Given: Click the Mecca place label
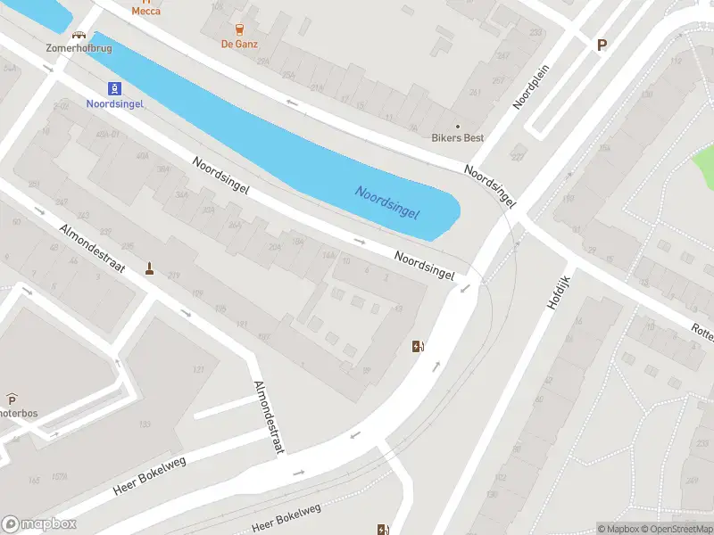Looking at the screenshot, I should tap(146, 12).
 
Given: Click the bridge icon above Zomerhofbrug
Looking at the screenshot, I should tap(79, 36).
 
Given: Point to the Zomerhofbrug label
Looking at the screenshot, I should tap(79, 47).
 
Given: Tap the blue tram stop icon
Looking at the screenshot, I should tap(113, 87).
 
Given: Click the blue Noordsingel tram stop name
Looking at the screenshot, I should tap(113, 103).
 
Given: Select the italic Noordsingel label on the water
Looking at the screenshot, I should tap(387, 203).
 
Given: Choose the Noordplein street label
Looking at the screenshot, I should tap(529, 88).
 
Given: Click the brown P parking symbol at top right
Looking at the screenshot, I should tap(602, 45).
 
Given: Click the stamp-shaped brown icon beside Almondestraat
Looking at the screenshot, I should tap(149, 267).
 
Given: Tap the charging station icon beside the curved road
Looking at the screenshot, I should tap(417, 346).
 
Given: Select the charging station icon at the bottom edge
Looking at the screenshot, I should tap(383, 530).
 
